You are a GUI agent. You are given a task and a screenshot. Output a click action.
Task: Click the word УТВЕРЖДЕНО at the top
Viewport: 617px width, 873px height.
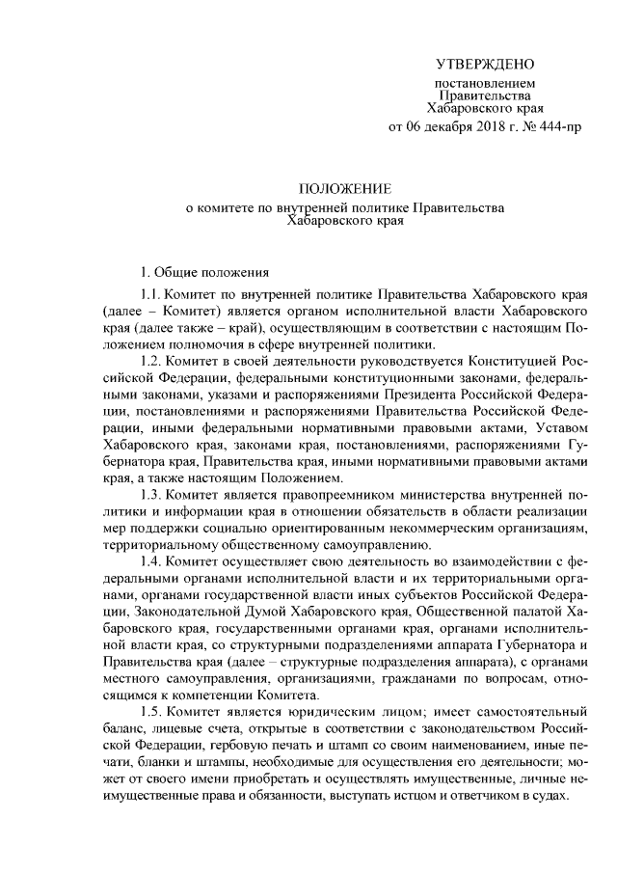(x=484, y=65)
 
